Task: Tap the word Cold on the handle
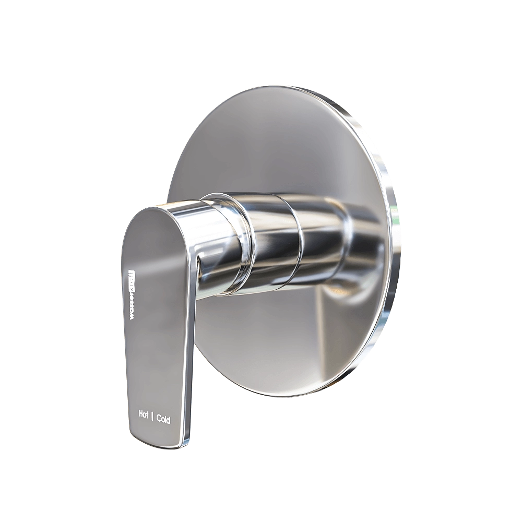tap(163, 419)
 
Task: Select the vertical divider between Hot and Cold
tap(152, 418)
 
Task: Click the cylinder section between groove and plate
tap(324, 235)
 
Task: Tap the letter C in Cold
tap(158, 419)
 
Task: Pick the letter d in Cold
tap(168, 420)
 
